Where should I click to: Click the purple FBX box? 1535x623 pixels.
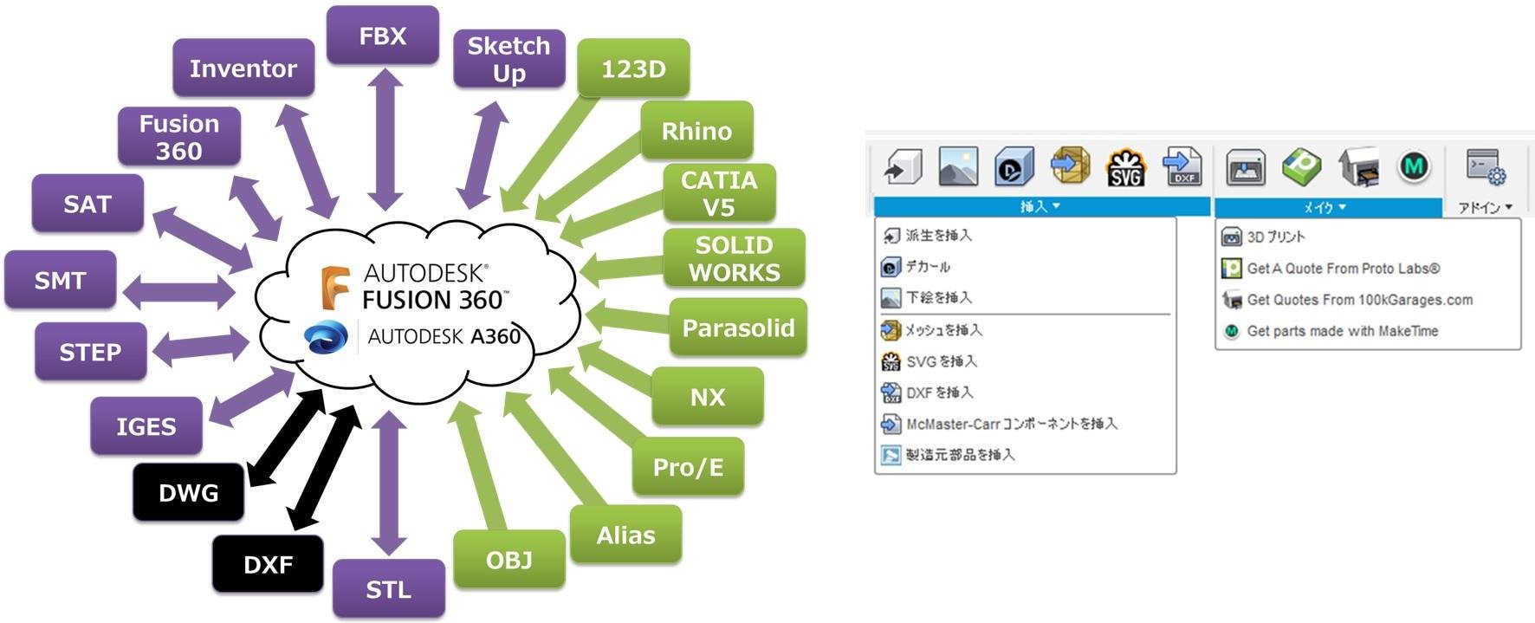[383, 36]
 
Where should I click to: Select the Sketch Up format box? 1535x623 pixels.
[509, 59]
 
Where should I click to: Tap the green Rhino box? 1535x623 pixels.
[696, 131]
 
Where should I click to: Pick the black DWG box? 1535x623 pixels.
[189, 492]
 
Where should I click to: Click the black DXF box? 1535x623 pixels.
[269, 564]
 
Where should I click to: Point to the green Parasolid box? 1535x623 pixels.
[738, 328]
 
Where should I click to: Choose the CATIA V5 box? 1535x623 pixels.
[719, 193]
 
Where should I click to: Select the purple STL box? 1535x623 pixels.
[389, 589]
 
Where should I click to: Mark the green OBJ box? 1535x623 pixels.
[509, 560]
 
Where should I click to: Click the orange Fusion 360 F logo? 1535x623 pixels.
[334, 288]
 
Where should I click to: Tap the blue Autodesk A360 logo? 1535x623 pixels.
[327, 336]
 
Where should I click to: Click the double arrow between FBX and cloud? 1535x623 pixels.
[385, 139]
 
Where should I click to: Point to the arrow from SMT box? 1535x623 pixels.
[179, 293]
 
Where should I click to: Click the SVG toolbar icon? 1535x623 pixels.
[1126, 167]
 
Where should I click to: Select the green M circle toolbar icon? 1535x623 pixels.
[1414, 165]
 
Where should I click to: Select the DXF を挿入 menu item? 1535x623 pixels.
[927, 393]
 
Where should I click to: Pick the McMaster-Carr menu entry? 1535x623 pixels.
[999, 424]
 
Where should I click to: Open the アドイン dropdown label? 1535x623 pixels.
[1485, 207]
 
